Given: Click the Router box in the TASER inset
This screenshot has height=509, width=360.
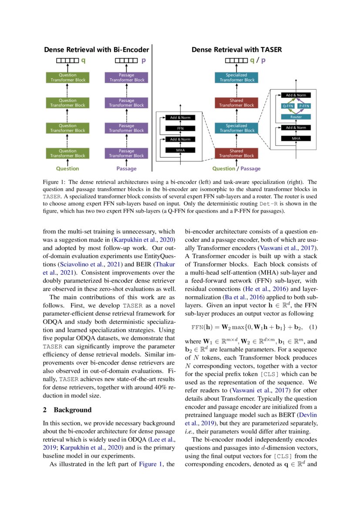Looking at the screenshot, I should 293,117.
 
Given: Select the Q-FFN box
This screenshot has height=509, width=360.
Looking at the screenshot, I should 288,106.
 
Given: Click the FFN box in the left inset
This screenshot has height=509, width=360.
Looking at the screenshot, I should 180,128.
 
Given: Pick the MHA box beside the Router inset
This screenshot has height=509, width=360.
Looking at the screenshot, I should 293,138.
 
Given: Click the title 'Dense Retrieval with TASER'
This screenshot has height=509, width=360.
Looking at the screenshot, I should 236,50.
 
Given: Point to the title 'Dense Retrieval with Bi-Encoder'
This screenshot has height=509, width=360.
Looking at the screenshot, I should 97,50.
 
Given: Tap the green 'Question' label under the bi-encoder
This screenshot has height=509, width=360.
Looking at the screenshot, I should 67,169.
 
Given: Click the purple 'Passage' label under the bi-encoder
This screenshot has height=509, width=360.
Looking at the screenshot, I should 126,169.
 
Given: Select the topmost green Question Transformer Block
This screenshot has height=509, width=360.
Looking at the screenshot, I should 67,78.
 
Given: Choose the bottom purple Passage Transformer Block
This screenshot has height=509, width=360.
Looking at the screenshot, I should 126,153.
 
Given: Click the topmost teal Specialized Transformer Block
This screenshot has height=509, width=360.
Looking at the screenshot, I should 236,78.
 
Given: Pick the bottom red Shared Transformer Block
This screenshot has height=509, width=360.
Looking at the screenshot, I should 236,153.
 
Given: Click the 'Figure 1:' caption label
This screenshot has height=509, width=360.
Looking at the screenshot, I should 55,182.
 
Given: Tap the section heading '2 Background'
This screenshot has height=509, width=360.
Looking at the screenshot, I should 67,410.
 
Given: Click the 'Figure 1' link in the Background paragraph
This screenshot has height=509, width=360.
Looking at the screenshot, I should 150,464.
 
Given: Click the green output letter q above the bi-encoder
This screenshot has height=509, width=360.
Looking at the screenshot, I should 83,61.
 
